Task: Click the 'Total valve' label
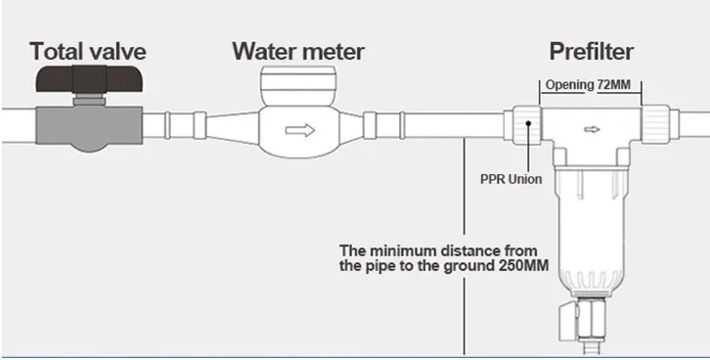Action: coord(87,50)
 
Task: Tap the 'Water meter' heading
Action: coord(297,50)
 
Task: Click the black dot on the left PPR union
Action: coord(530,125)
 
